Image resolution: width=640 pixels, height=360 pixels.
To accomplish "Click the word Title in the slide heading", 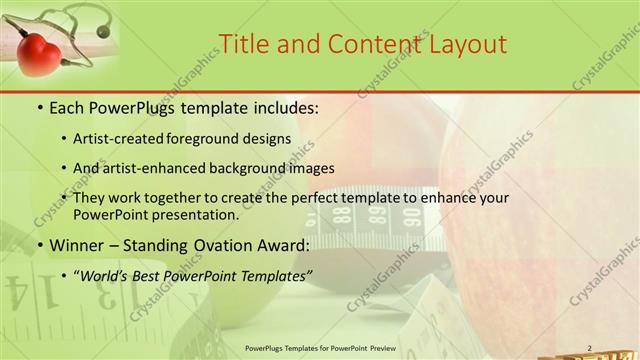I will pos(243,43).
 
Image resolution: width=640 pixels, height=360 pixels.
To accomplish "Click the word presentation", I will pos(195,215).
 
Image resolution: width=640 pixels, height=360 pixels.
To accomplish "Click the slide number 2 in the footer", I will pos(589,348).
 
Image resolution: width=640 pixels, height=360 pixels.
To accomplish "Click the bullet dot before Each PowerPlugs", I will pos(39,107).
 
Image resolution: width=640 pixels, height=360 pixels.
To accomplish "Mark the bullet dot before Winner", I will pos(39,246).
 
